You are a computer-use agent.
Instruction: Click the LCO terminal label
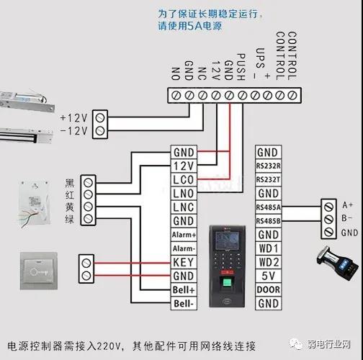(x=184, y=179)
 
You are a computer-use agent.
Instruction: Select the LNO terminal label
(x=184, y=194)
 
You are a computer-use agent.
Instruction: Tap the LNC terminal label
(x=184, y=207)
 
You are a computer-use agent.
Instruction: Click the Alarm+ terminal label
(x=184, y=235)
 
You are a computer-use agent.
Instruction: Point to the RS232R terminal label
(x=268, y=166)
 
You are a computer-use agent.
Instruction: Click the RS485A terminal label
(x=268, y=207)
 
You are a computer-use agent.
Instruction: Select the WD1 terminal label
(x=268, y=248)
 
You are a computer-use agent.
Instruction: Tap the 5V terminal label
(x=268, y=276)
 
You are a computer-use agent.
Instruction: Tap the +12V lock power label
(x=73, y=117)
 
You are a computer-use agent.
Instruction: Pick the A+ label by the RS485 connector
(x=348, y=204)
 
